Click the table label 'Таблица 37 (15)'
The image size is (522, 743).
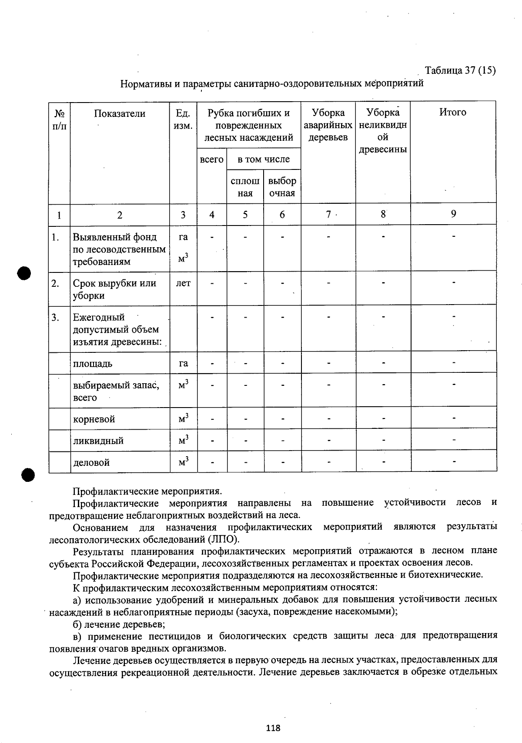[460, 70]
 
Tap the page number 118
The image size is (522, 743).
[273, 728]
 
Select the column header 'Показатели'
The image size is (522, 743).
[120, 114]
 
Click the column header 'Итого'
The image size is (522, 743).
[453, 113]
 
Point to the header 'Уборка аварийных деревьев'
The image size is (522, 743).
[328, 125]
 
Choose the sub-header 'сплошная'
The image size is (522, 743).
[245, 187]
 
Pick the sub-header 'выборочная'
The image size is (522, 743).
[282, 187]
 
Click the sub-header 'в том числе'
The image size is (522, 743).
[264, 159]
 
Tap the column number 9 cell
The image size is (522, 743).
[453, 214]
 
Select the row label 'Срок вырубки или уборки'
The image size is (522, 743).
[114, 289]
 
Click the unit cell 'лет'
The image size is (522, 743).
[183, 283]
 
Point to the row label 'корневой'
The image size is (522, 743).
[94, 420]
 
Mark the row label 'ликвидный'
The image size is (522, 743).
[98, 441]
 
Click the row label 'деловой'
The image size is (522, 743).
[91, 463]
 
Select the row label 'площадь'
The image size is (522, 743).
[93, 364]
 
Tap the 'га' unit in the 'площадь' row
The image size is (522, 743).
[183, 364]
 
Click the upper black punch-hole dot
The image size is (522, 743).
[24, 274]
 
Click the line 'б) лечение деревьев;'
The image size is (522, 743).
[119, 624]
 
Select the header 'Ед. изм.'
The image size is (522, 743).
[183, 119]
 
